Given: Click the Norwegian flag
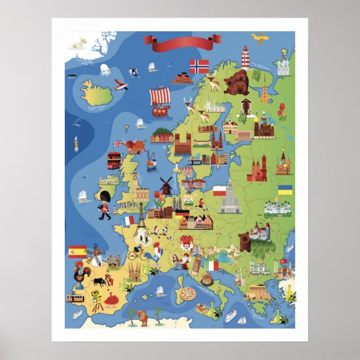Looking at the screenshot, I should pyautogui.click(x=199, y=66).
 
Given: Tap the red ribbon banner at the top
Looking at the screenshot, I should pyautogui.click(x=182, y=40).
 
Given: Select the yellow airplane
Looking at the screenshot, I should pyautogui.click(x=259, y=38).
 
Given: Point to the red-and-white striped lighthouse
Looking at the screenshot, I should pyautogui.click(x=245, y=57).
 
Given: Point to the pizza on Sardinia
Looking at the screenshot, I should pyautogui.click(x=188, y=292).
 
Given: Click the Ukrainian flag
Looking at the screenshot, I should pyautogui.click(x=285, y=190).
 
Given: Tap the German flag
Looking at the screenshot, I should pyautogui.click(x=182, y=213).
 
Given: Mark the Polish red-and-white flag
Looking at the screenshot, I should pyautogui.click(x=219, y=190).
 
